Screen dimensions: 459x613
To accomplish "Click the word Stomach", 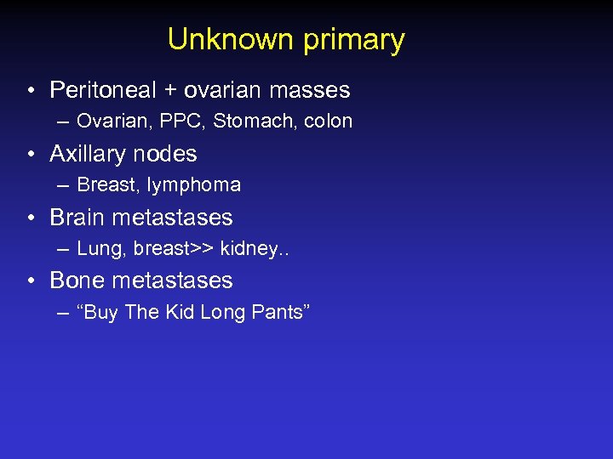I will point(249,122).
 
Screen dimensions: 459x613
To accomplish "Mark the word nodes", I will point(170,154).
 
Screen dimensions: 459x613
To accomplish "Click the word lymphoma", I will point(193,185).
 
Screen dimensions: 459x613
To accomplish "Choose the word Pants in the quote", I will point(278,313).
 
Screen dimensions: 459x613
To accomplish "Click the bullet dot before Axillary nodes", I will point(30,155).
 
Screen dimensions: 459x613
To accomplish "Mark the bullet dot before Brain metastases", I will point(30,218).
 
